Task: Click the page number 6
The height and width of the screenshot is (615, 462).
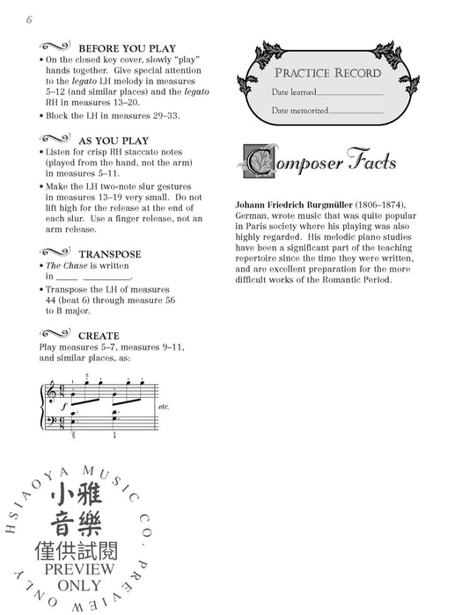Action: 29,19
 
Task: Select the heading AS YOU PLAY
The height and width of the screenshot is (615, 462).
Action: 114,140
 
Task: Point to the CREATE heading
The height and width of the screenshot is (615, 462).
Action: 99,336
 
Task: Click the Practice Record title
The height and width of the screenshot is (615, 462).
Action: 327,72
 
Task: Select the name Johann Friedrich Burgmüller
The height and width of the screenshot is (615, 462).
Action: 304,204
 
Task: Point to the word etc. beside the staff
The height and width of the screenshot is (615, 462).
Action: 163,408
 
